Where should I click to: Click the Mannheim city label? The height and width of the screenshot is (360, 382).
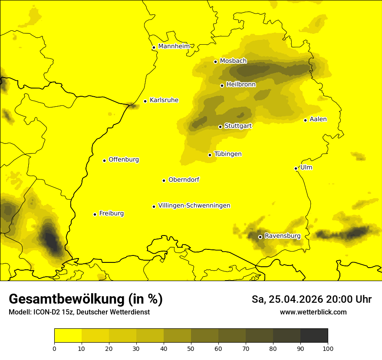(174, 46)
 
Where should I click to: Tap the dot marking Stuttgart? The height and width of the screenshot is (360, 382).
(220, 127)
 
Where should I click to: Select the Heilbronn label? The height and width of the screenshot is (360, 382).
(241, 85)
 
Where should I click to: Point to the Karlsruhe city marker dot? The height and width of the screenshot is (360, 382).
(145, 101)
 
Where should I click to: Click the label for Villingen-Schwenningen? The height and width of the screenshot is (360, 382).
(194, 206)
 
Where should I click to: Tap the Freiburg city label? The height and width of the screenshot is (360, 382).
(111, 213)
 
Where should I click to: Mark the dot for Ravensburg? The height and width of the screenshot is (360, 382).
(260, 237)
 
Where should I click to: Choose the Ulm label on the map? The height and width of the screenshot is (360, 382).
(306, 167)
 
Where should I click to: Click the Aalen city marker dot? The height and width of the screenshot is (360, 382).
(305, 120)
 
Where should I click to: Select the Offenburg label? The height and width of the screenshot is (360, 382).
(124, 160)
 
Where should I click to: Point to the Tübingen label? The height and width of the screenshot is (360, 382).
(228, 154)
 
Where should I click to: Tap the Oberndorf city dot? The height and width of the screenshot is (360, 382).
(164, 180)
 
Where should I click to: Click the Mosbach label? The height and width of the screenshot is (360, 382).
(233, 61)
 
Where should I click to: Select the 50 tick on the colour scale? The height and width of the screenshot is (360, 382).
(191, 348)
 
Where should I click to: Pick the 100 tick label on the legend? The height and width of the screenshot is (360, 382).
(328, 348)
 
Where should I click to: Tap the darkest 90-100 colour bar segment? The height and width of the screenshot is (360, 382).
(314, 335)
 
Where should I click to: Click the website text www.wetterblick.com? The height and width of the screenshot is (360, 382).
(313, 312)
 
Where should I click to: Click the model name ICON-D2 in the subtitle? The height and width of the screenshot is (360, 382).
(47, 312)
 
